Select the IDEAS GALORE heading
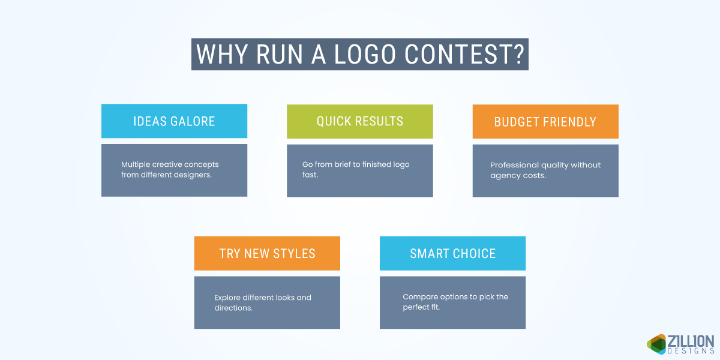[174, 121]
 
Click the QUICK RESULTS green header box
[360, 121]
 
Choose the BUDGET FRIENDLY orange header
[545, 122]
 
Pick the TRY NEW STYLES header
[267, 253]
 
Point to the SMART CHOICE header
[452, 253]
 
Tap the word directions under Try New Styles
[233, 308]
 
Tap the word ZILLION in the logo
[690, 341]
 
